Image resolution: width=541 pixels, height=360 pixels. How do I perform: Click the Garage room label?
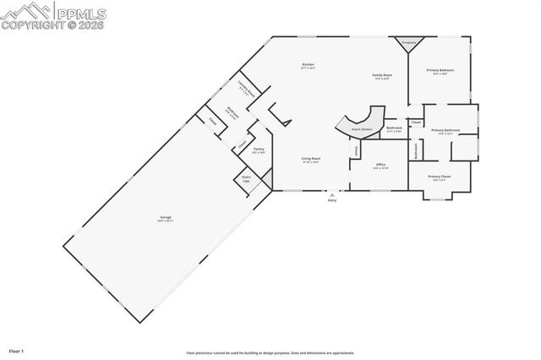pos(166,219)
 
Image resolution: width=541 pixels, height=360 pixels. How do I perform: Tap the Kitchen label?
pos(309,66)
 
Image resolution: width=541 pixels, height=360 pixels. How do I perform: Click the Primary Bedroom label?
pos(440,71)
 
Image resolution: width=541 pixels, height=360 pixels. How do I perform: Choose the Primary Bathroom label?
pos(445,130)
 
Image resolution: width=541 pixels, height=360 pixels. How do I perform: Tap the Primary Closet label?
pos(440,177)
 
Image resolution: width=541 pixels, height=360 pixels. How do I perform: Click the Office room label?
pos(380,166)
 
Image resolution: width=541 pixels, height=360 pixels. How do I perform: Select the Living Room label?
pos(310,160)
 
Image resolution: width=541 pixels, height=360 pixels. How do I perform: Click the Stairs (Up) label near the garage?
pos(247,180)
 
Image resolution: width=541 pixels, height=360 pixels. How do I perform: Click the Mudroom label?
pos(231,112)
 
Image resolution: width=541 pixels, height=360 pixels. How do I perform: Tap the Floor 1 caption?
pos(16,349)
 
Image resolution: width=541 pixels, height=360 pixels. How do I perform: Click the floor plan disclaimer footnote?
pos(270,353)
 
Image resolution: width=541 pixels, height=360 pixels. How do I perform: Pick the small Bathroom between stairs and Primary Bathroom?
pos(394,130)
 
